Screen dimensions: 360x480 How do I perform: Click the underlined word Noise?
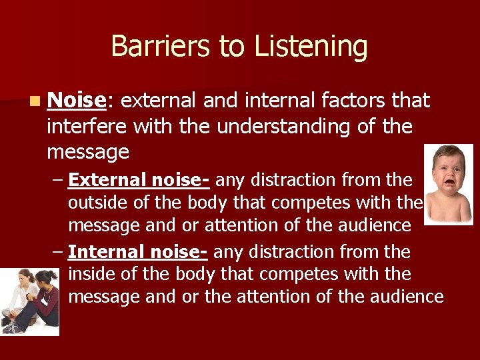pos(77,101)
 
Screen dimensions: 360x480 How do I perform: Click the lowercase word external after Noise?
pos(159,101)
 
